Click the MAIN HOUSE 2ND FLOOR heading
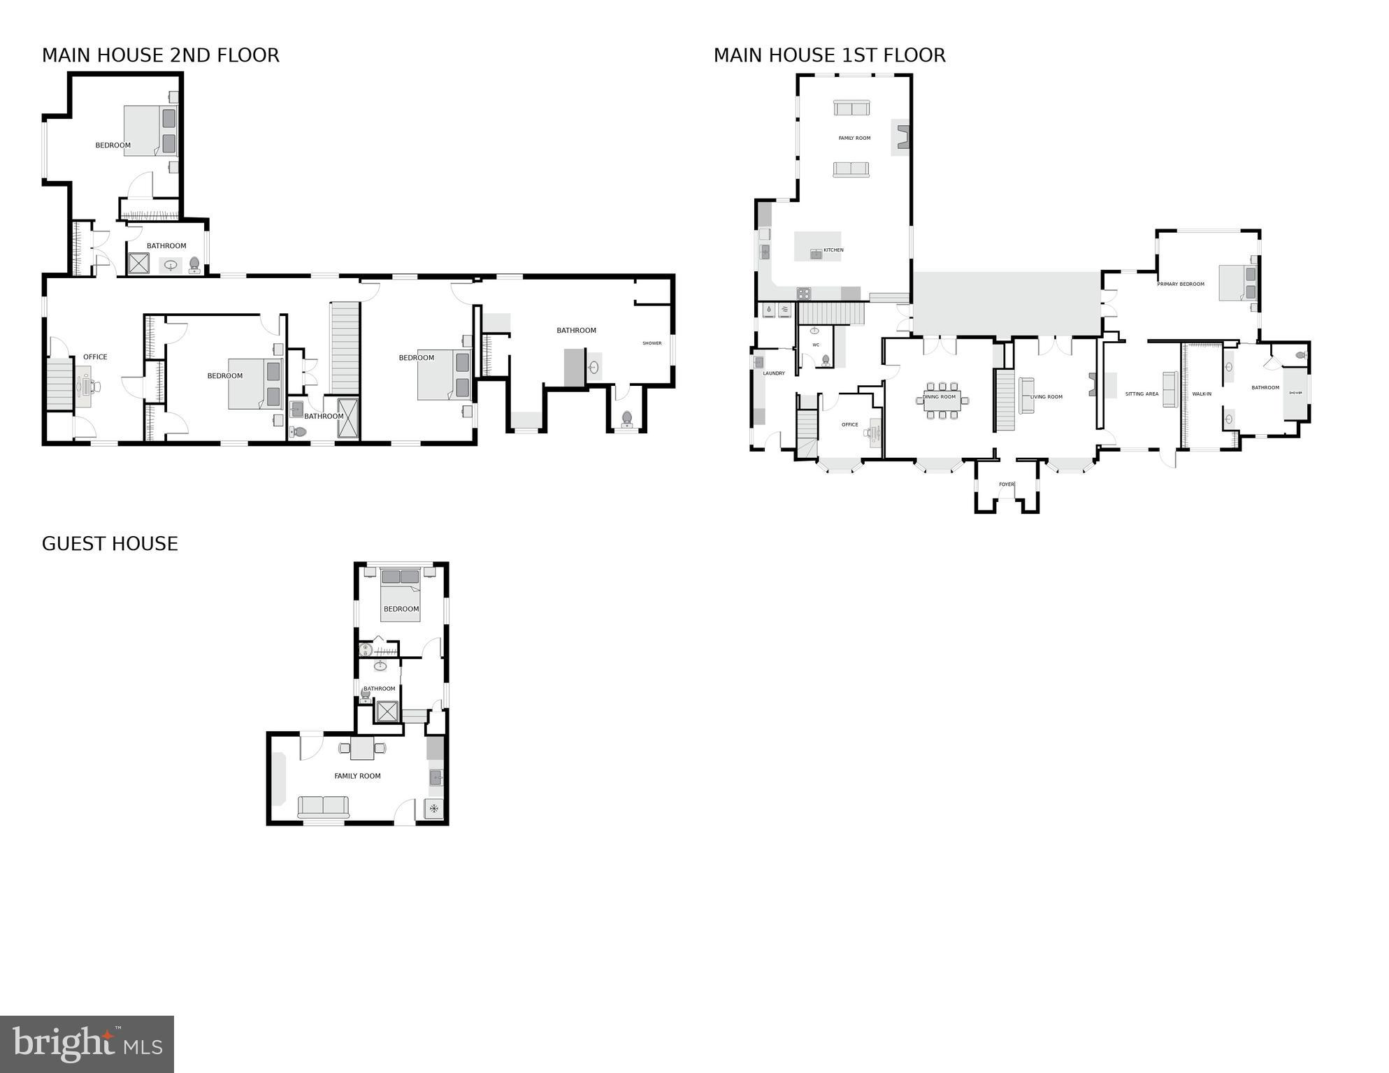click(160, 55)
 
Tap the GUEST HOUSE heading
click(110, 544)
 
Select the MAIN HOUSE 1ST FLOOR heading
click(829, 55)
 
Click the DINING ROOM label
click(939, 397)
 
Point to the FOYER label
click(1006, 484)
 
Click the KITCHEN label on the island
click(833, 250)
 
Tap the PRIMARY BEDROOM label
click(1181, 285)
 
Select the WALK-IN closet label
click(1201, 394)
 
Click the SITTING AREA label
click(1142, 394)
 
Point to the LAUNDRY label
click(773, 373)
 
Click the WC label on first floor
click(815, 345)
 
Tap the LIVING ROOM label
click(1046, 397)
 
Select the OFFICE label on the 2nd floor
click(95, 357)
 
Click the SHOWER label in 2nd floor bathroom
click(652, 343)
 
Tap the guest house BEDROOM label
click(401, 609)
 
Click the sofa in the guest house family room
click(323, 806)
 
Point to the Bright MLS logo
click(87, 1044)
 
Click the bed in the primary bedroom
click(1237, 283)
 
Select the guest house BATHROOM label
click(379, 689)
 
